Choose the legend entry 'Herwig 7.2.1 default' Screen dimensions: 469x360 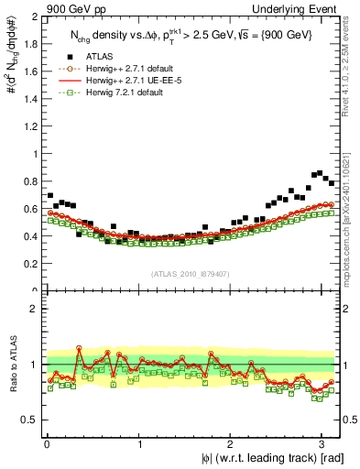click(125, 92)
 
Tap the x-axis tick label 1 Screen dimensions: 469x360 click(139, 443)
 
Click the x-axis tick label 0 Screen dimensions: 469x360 click(46, 443)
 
